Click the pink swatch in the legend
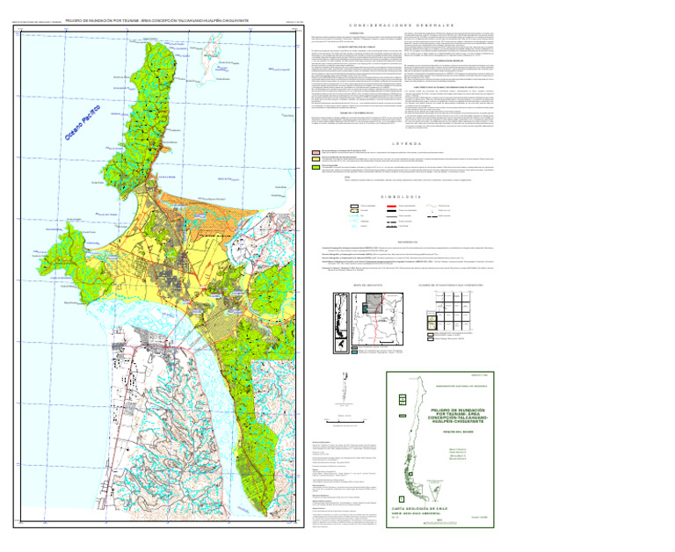coord(302,151)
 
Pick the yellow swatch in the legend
coord(302,159)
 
